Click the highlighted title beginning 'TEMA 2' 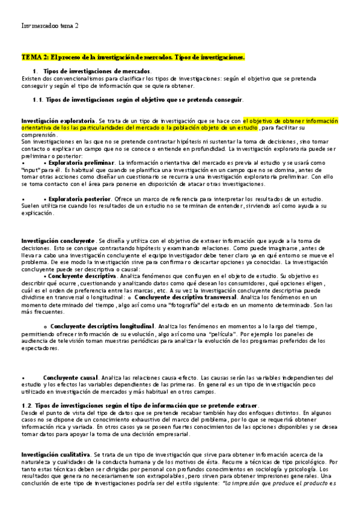click(x=133, y=57)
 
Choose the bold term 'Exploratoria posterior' click(x=79, y=198)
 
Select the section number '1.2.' click(x=28, y=405)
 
